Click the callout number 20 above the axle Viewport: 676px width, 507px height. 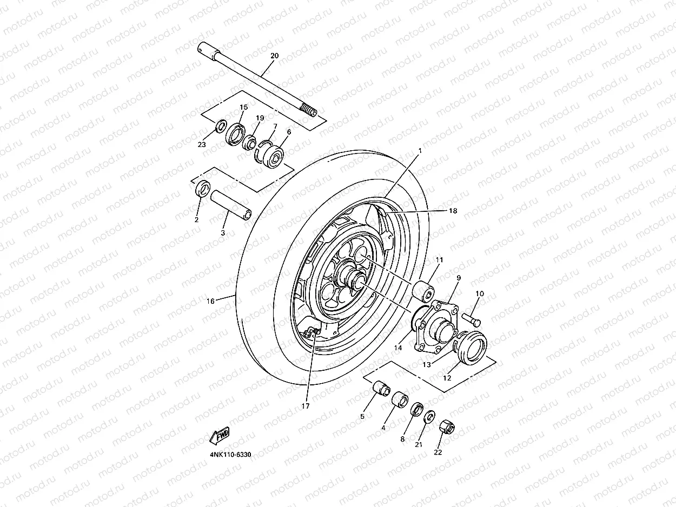(274, 56)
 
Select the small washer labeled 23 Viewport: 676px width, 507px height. (221, 126)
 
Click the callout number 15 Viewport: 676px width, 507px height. (243, 108)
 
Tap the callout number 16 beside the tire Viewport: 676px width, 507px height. (211, 301)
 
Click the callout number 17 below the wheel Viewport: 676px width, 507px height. (306, 405)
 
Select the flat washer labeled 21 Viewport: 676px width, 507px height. (429, 418)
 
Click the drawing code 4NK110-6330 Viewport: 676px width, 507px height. (230, 455)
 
